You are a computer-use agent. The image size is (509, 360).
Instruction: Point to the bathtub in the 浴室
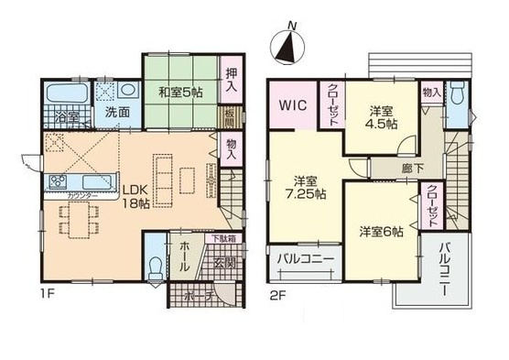tap(65, 94)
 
